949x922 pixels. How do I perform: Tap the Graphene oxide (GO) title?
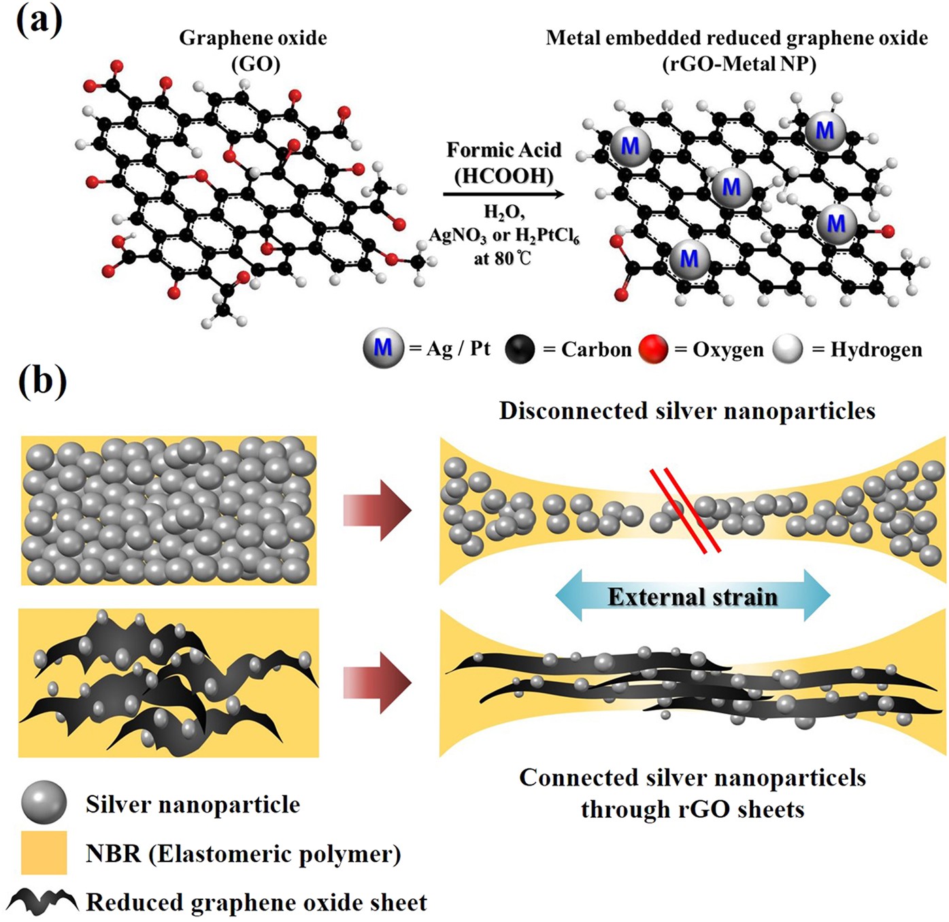253,50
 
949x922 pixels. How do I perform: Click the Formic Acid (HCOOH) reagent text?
503,163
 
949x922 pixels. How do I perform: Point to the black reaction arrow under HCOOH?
503,195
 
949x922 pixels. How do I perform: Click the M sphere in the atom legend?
383,348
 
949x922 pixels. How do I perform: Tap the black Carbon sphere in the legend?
520,348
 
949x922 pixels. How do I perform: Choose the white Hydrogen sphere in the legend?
788,348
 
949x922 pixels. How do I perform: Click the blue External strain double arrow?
693,596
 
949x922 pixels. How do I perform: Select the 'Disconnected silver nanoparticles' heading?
687,411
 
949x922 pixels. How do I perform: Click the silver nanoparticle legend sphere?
44,803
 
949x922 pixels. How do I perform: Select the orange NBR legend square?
44,852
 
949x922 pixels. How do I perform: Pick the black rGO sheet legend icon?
43,901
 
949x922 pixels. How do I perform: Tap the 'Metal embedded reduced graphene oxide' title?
737,38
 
